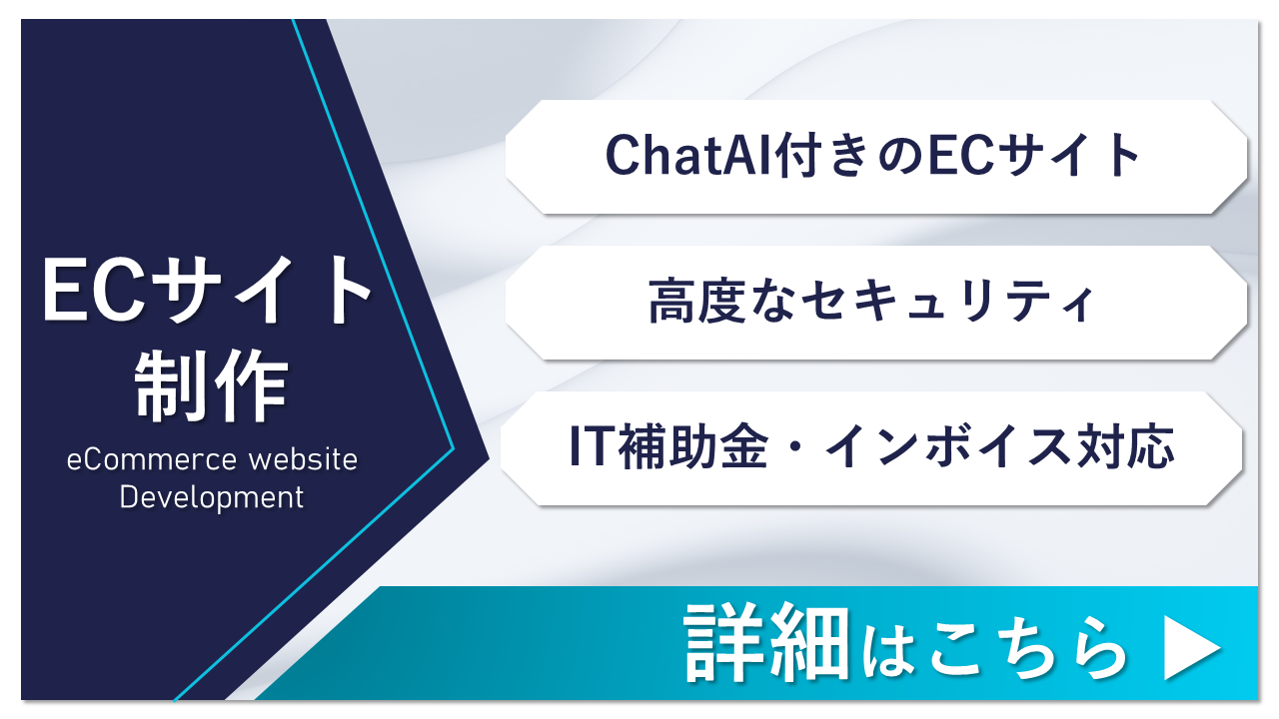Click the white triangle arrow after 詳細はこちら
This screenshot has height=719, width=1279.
1192,648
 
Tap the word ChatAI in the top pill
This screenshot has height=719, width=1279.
689,155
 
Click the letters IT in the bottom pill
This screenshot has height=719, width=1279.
591,446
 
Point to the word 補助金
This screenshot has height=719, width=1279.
693,446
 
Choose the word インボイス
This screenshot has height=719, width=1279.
948,446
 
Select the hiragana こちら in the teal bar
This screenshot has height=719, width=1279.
1028,649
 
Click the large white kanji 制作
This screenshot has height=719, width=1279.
211,385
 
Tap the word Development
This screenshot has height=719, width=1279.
211,497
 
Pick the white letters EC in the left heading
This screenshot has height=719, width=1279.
94,290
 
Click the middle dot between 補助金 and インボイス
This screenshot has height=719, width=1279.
796,446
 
